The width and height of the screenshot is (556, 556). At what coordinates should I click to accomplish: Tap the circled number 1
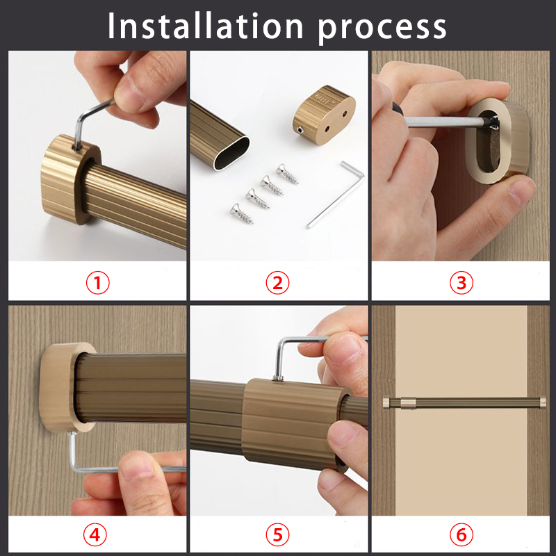tap(97, 283)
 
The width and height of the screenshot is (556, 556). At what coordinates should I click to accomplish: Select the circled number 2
tap(277, 283)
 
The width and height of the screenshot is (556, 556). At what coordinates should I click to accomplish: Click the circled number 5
tap(277, 535)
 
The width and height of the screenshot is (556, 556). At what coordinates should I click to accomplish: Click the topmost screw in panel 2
tap(285, 171)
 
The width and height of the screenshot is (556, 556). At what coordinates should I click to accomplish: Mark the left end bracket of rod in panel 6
tap(388, 402)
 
